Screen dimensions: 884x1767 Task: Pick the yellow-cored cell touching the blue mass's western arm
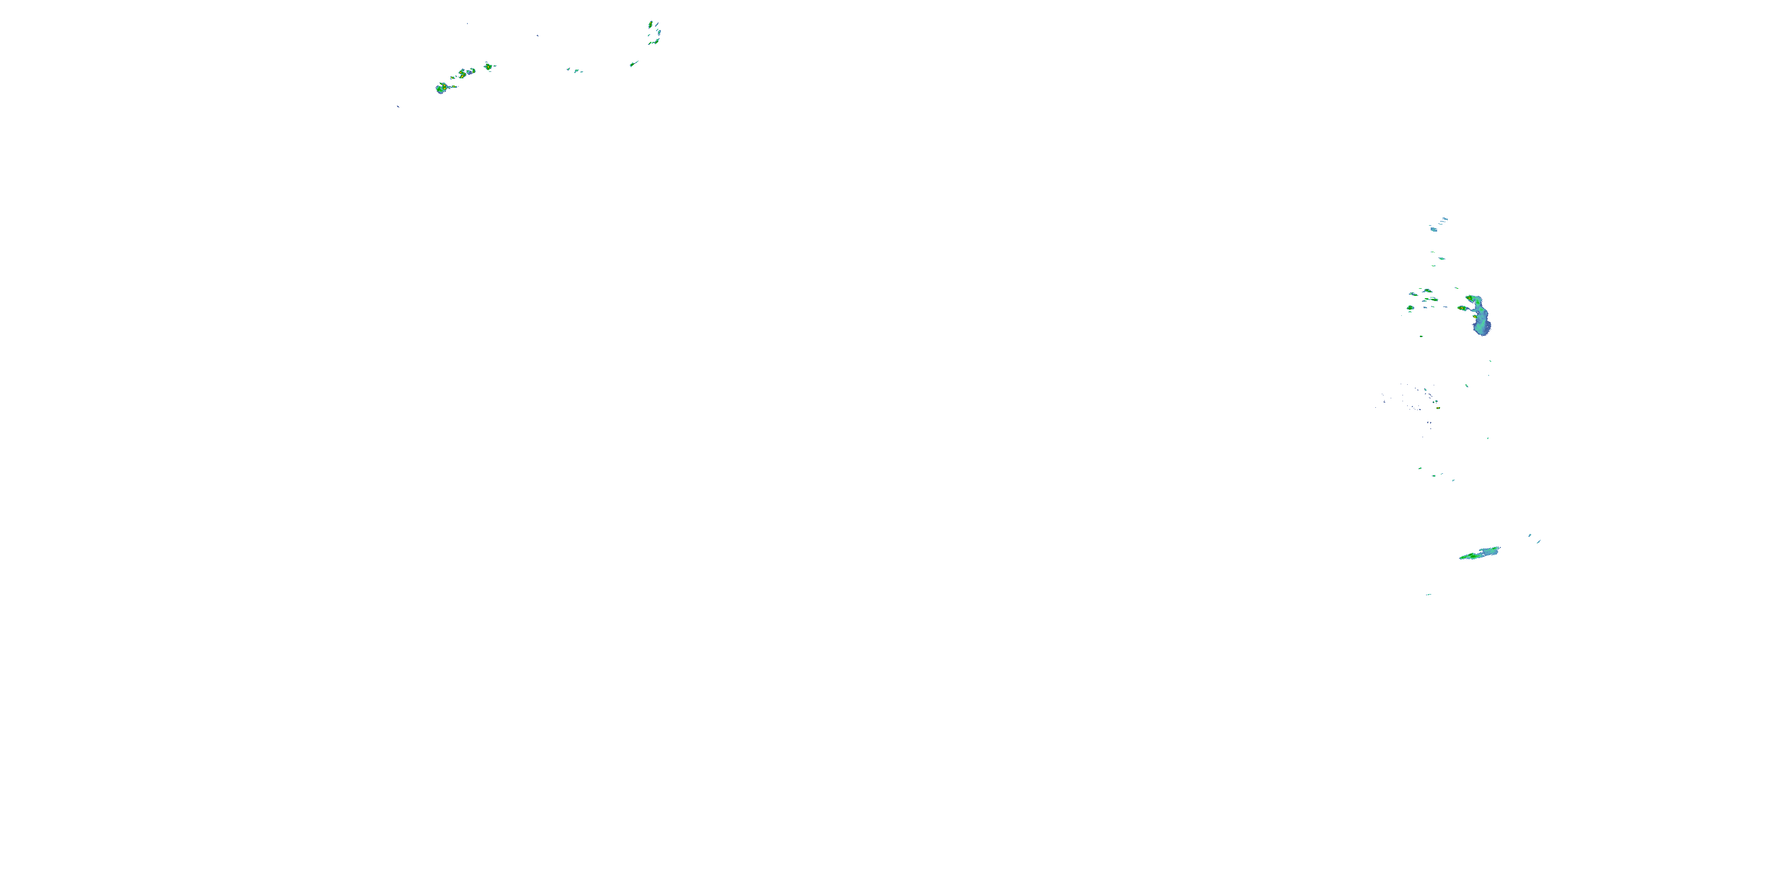pyautogui.click(x=1462, y=308)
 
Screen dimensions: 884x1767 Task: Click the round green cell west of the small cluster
pyautogui.click(x=1410, y=308)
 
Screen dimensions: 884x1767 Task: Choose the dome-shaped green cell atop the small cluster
pyautogui.click(x=1428, y=291)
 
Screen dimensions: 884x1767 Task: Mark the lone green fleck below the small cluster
pyautogui.click(x=1421, y=337)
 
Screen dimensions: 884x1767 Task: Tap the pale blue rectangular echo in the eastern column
pyautogui.click(x=1434, y=229)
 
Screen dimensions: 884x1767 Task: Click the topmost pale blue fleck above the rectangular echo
pyautogui.click(x=1445, y=219)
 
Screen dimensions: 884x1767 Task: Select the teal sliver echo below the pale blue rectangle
pyautogui.click(x=1441, y=259)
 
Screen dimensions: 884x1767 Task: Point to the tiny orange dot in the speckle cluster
pyautogui.click(x=1437, y=408)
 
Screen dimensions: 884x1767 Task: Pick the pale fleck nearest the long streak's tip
pyautogui.click(x=1530, y=535)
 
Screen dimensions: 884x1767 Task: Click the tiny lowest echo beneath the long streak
pyautogui.click(x=1429, y=595)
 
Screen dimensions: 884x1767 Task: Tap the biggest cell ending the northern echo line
pyautogui.click(x=441, y=88)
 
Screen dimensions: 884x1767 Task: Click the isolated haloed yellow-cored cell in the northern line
pyautogui.click(x=488, y=67)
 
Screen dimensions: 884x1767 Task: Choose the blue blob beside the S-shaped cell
pyautogui.click(x=472, y=71)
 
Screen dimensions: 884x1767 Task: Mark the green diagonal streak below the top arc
pyautogui.click(x=634, y=64)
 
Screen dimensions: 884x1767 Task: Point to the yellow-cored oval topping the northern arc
pyautogui.click(x=650, y=25)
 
